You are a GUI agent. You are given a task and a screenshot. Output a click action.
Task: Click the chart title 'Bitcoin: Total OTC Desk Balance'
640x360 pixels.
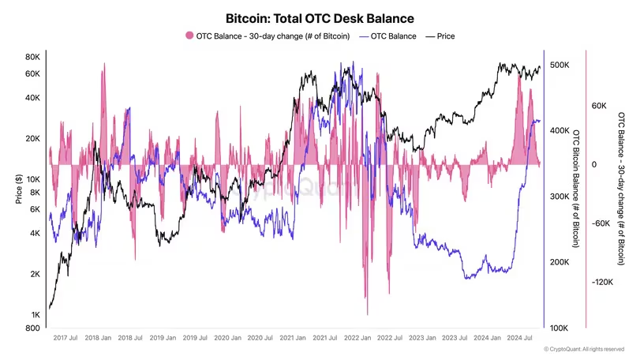320,17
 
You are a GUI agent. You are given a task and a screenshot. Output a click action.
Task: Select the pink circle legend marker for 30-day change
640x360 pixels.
189,36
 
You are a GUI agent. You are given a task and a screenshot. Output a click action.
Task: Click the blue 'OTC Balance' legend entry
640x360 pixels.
387,36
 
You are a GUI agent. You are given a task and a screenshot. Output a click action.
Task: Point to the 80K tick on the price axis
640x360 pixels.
32,57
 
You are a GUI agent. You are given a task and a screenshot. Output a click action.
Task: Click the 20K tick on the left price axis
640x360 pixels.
32,138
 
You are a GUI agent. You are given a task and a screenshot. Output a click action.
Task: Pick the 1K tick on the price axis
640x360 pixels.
36,314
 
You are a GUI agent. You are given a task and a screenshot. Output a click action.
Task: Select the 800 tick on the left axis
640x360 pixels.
34,328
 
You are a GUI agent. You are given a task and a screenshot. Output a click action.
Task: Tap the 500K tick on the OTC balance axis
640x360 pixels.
561,65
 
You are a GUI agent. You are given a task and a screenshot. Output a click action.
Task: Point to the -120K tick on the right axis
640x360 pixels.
601,282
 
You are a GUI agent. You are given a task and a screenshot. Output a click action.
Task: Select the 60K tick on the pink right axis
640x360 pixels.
598,106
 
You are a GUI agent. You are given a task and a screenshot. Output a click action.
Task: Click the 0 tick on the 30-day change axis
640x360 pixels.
594,165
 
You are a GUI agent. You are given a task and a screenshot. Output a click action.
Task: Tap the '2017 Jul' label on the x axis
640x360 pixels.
64,338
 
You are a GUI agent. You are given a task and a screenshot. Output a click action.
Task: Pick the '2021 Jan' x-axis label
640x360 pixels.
294,338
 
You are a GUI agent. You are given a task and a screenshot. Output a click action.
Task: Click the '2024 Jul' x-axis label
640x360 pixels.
522,338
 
